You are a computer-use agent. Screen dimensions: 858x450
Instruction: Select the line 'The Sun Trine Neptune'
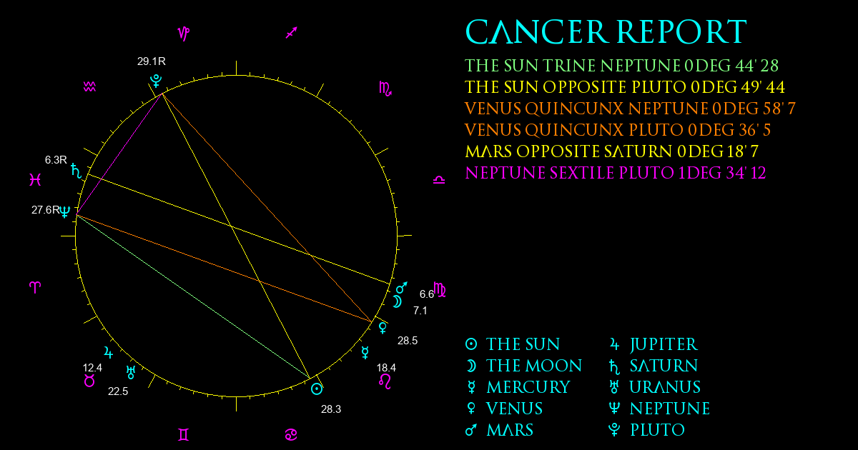(621, 66)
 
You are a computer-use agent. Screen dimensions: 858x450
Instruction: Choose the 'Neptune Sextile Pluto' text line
(615, 173)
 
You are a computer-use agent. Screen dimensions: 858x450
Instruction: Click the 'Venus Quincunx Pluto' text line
(618, 130)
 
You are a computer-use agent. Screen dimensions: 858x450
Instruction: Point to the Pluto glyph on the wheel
(156, 81)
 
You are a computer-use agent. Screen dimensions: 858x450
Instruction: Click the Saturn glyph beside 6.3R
(77, 170)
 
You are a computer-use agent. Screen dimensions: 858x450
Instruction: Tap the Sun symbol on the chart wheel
(316, 389)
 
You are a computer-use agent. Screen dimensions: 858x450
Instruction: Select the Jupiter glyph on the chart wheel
(109, 352)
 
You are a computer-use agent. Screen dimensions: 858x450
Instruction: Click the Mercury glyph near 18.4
(365, 352)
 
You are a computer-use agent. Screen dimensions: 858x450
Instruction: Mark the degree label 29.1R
(152, 61)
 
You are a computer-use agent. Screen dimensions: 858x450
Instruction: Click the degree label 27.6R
(46, 210)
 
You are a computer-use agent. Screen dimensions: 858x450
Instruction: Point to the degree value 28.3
(331, 409)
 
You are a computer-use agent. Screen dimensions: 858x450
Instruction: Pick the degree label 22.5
(118, 391)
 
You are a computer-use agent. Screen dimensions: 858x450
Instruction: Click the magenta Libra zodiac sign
(439, 179)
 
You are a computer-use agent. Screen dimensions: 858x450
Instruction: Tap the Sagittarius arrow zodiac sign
(292, 33)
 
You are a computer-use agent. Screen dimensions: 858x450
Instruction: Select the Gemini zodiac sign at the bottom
(184, 434)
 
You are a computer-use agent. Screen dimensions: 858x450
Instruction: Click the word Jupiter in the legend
(664, 344)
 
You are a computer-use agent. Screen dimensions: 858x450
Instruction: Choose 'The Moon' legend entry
(523, 366)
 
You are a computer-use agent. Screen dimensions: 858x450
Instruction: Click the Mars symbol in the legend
(470, 430)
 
